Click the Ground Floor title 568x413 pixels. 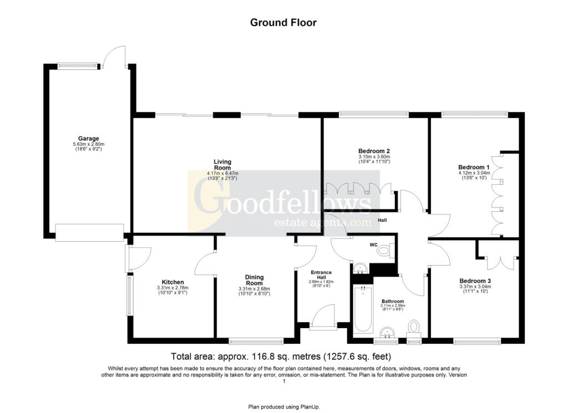[283, 22]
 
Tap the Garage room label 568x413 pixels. [88, 139]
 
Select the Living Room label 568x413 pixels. [222, 165]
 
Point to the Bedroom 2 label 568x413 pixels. [374, 151]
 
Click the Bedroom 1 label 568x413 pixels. [474, 167]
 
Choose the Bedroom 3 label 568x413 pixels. [475, 281]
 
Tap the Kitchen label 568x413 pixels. [173, 282]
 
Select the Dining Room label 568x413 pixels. [254, 280]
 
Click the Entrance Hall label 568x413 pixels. [321, 274]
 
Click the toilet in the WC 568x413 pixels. [384, 251]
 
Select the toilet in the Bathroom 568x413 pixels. [414, 327]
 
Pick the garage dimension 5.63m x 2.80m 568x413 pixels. [88, 145]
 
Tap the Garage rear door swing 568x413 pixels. [115, 56]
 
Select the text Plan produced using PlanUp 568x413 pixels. [283, 407]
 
